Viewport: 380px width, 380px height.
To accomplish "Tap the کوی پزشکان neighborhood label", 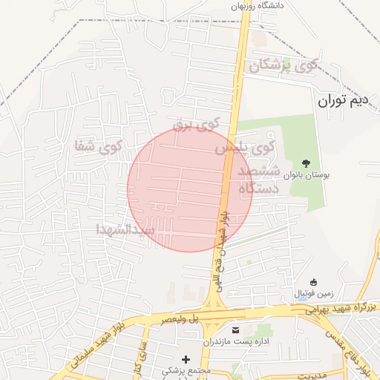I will coord(284,65).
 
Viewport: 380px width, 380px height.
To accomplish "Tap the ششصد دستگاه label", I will coord(259,180).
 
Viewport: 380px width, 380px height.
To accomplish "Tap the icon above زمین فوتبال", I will coord(313,282).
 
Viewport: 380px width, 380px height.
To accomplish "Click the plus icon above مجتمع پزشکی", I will coord(185,359).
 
